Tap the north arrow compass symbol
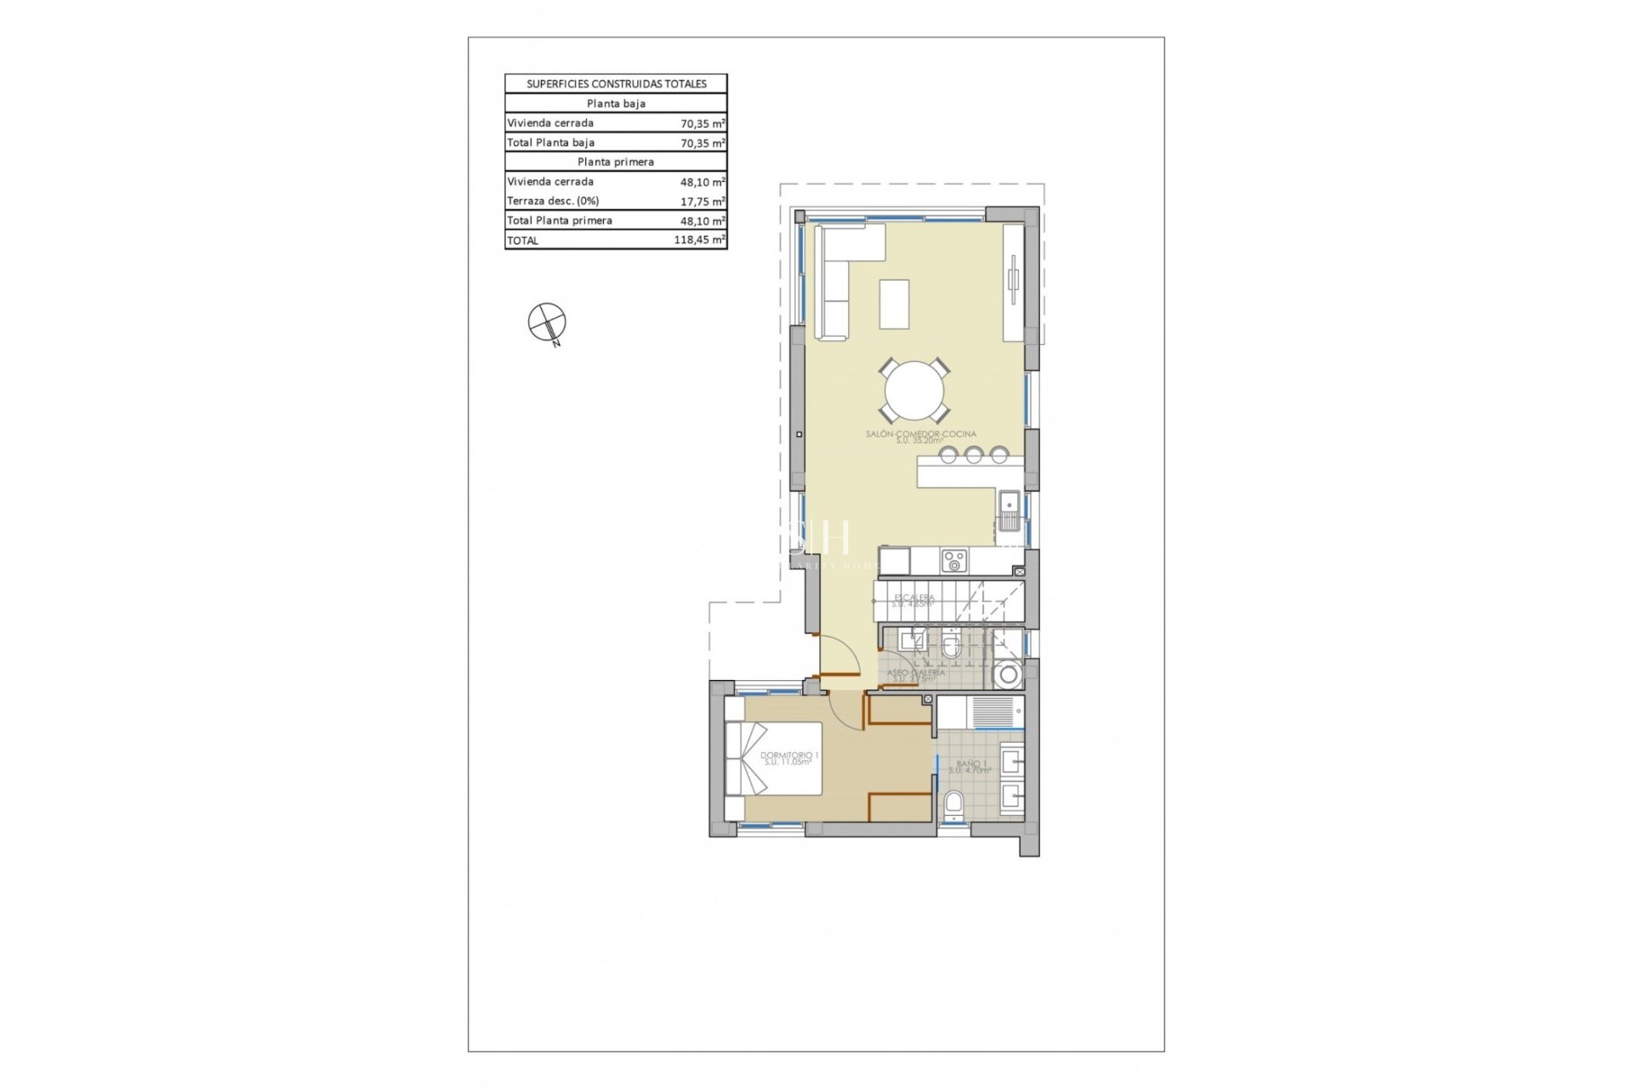(546, 322)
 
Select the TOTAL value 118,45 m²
(699, 241)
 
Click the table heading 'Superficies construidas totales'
(616, 84)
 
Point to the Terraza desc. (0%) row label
(553, 201)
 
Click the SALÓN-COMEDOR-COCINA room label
(921, 434)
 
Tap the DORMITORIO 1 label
(789, 755)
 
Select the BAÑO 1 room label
(971, 764)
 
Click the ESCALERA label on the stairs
(913, 598)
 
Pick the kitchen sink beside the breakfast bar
(1010, 510)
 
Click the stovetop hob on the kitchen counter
(953, 561)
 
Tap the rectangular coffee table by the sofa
(894, 303)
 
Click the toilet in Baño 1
(954, 804)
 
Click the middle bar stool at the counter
(973, 456)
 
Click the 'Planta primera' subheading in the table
(616, 162)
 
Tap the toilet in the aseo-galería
(951, 648)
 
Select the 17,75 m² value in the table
(703, 201)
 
